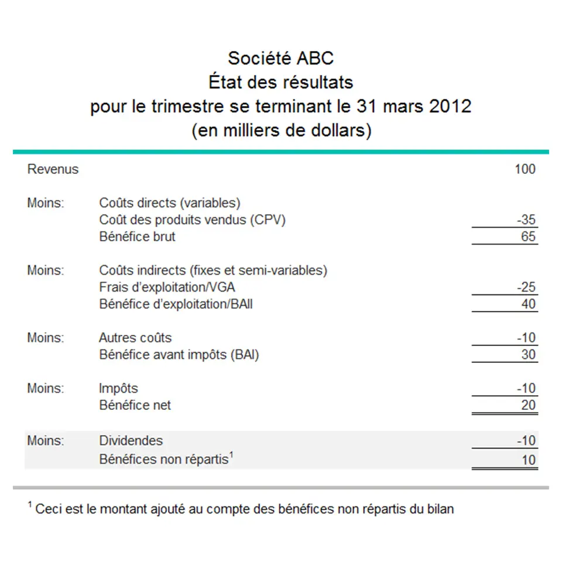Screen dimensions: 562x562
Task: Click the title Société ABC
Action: (280, 59)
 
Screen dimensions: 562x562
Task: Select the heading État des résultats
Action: (280, 82)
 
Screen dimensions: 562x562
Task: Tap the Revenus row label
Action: (53, 169)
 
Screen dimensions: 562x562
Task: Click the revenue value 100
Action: (525, 169)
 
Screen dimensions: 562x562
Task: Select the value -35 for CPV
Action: (526, 220)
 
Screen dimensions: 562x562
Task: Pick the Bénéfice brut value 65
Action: (529, 237)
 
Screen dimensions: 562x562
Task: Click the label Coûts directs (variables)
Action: (170, 203)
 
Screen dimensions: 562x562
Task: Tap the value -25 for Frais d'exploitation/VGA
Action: (526, 287)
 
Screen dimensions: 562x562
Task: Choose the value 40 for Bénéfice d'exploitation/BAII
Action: (529, 304)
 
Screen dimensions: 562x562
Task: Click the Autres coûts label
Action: (135, 338)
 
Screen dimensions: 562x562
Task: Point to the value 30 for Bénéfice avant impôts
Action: (529, 355)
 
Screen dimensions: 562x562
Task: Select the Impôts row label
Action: (119, 388)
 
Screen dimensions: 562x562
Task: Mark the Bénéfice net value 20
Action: (529, 405)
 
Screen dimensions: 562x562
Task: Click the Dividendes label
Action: (131, 440)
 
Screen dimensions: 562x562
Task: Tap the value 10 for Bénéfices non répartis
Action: (529, 460)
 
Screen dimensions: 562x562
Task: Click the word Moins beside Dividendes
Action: (46, 440)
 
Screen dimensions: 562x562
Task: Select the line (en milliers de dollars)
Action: (281, 131)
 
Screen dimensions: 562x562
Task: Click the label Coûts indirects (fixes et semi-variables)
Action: (213, 270)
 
